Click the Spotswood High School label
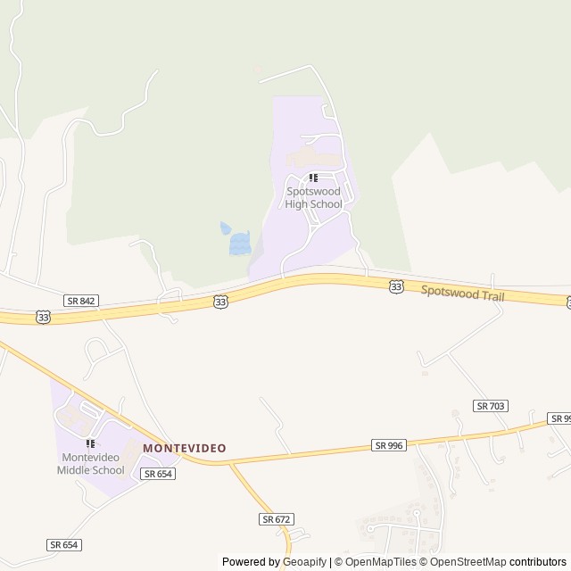[313, 197]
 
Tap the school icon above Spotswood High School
[313, 178]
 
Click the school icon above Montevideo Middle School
[89, 443]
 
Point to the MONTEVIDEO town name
[185, 448]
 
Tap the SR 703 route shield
[492, 406]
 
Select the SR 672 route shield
[277, 518]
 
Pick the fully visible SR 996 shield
[389, 445]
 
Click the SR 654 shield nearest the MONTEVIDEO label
[158, 474]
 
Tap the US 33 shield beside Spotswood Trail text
[396, 285]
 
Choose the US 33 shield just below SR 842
[43, 317]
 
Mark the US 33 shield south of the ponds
[220, 302]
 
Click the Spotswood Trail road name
[462, 293]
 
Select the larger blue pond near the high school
[239, 244]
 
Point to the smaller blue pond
[226, 228]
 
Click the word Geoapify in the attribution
[305, 562]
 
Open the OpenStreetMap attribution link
[468, 562]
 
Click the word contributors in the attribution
[538, 562]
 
